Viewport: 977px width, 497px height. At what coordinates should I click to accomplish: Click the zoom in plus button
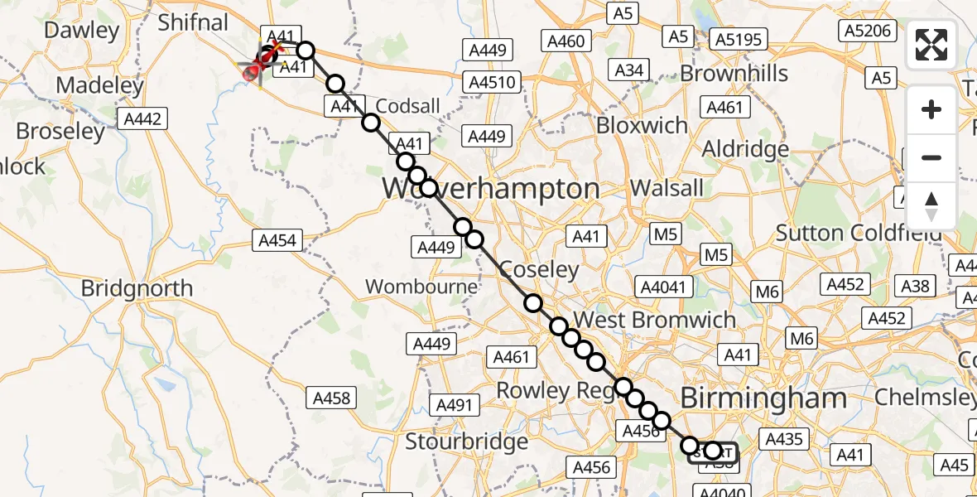(931, 109)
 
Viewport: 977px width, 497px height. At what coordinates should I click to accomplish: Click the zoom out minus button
(931, 157)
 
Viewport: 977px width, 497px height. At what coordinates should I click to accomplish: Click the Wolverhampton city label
(490, 189)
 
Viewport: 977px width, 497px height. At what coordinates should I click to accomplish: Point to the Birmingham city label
(763, 398)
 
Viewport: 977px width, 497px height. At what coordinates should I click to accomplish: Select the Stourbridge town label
(466, 442)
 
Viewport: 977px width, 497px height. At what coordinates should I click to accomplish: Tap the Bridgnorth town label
(137, 289)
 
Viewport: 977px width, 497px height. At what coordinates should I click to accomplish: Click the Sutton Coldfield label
(859, 234)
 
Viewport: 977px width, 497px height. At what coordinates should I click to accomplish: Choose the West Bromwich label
(654, 320)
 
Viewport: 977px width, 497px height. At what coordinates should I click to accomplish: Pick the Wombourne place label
(422, 287)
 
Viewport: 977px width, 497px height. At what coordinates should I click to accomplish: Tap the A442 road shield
(142, 119)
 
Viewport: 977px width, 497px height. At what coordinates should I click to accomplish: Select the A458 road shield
(331, 398)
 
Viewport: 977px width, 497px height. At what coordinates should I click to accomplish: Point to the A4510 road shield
(493, 83)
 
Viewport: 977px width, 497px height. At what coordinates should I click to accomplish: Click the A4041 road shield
(663, 287)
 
